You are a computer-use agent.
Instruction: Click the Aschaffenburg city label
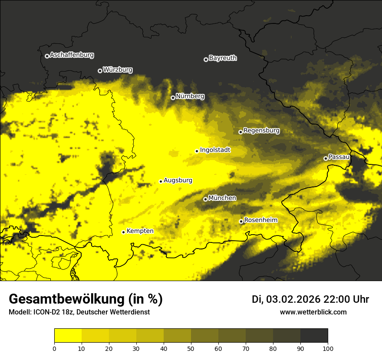coord(72,55)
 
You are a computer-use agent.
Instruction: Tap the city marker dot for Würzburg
coord(100,71)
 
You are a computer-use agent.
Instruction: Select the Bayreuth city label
coord(223,58)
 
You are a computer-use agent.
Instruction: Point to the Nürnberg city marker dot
coord(173,98)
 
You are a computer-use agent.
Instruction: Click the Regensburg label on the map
coord(261,131)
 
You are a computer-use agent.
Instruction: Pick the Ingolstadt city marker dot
coord(197,151)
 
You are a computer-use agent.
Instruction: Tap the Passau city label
coord(339,157)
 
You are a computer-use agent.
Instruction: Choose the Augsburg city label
coord(178,180)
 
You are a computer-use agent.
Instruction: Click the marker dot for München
coord(205,199)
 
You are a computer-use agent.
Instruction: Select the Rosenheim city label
coord(260,220)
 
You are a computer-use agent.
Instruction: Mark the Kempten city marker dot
coord(123,232)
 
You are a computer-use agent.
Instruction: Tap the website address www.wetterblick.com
coord(313,312)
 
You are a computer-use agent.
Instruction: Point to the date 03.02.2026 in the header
coord(293,299)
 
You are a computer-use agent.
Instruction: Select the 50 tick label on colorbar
coord(191,348)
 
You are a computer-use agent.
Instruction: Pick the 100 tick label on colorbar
coord(328,348)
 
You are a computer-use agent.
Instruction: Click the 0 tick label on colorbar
coord(54,348)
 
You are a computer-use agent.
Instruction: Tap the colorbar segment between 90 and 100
coord(314,336)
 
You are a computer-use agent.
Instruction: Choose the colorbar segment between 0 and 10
coord(68,336)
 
